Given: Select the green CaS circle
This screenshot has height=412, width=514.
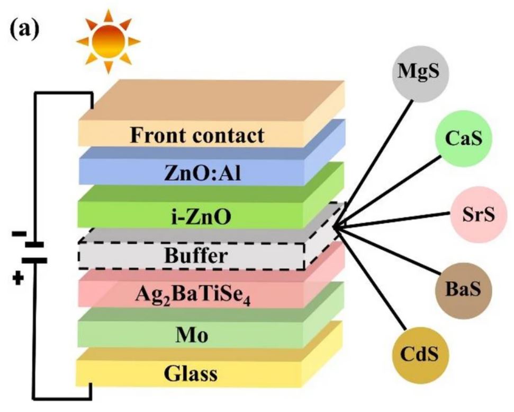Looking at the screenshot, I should [x=462, y=139].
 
